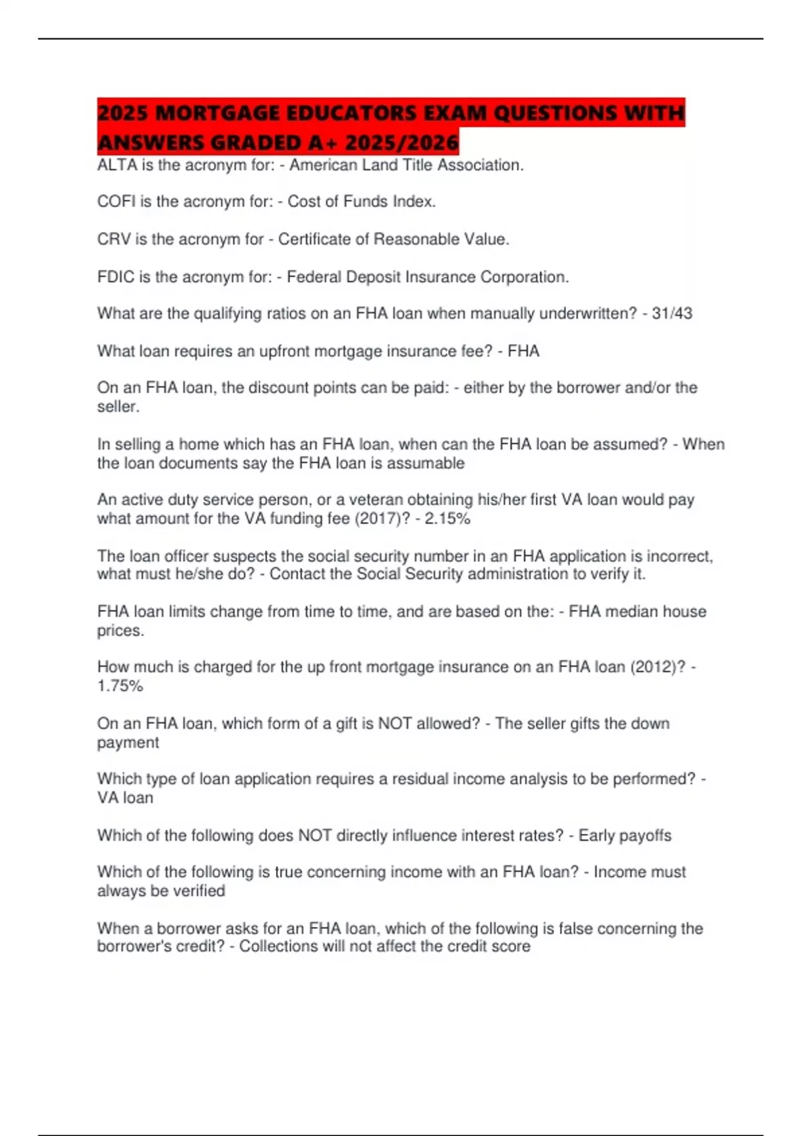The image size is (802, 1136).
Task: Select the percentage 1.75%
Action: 120,686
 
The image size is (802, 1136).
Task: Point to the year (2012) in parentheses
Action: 658,667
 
